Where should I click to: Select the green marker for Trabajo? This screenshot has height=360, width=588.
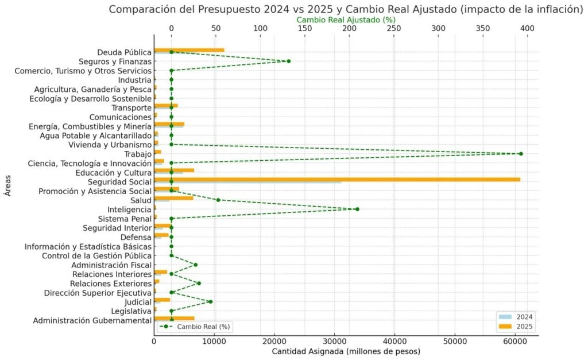[520, 154]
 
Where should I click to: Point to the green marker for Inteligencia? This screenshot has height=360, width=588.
[357, 209]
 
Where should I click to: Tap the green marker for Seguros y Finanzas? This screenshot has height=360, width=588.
[288, 61]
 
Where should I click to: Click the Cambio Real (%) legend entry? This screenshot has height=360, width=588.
[195, 326]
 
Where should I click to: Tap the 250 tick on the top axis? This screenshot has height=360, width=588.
[394, 28]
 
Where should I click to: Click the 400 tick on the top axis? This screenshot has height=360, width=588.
[527, 28]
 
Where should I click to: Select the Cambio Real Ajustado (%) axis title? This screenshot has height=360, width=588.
[346, 20]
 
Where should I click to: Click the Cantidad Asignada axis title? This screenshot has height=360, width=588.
[346, 351]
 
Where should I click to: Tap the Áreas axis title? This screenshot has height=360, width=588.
[7, 185]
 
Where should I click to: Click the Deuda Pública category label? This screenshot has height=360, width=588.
[124, 52]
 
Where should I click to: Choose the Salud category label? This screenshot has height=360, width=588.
[141, 200]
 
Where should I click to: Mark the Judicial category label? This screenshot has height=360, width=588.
[138, 301]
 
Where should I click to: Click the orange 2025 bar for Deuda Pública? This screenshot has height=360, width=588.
[189, 51]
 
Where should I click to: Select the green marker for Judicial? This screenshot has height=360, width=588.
[210, 301]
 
